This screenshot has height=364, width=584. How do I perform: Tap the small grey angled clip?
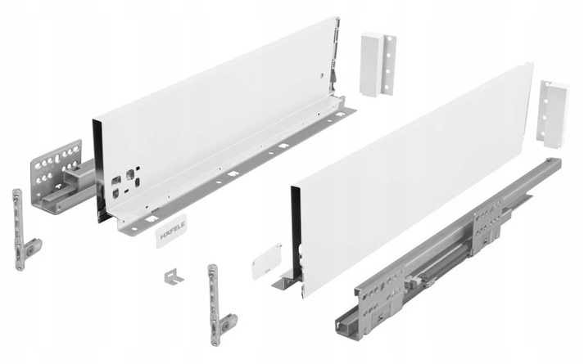tap(173, 276)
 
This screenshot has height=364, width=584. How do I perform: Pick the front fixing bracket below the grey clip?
tap(220, 299)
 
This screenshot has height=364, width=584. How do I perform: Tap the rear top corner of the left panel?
tap(336, 18)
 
